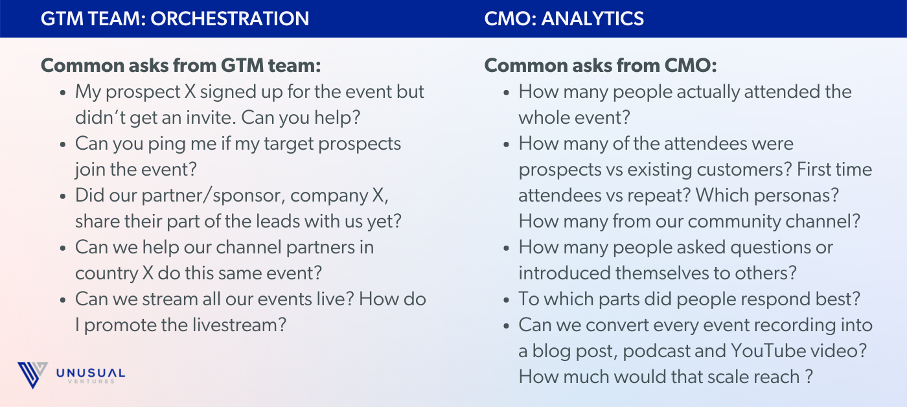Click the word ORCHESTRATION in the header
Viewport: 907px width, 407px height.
pos(229,19)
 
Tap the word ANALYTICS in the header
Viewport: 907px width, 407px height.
pos(592,19)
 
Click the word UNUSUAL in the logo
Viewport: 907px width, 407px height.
pos(91,373)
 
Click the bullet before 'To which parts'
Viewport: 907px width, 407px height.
pos(506,301)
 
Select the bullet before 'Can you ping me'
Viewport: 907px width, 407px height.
pos(62,145)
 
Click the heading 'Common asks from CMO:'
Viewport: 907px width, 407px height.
pos(601,65)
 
